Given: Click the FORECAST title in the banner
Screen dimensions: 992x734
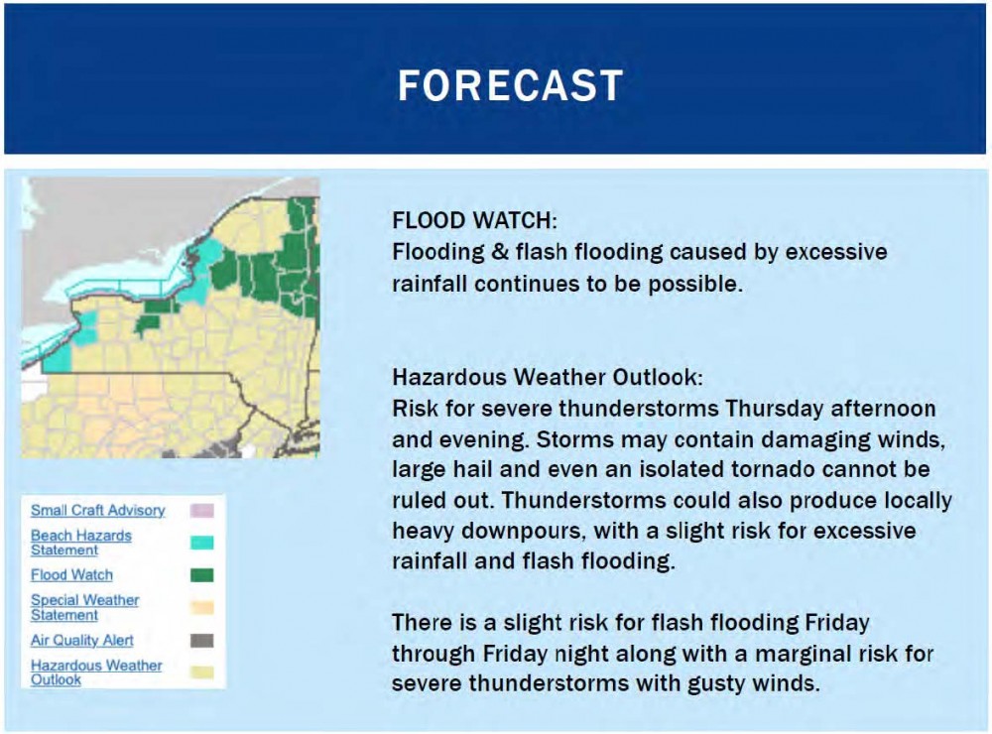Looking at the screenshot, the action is pyautogui.click(x=510, y=85).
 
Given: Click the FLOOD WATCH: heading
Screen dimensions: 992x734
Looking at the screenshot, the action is pyautogui.click(x=474, y=220).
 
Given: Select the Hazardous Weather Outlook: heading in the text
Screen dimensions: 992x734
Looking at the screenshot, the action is pyautogui.click(x=548, y=377).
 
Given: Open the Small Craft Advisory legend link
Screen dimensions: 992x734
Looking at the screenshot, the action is pyautogui.click(x=97, y=510).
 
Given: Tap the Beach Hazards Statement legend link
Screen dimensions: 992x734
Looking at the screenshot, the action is pyautogui.click(x=81, y=543).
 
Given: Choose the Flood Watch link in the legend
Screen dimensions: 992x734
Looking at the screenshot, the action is pyautogui.click(x=71, y=574).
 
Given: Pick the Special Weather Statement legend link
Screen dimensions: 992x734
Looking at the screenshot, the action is pyautogui.click(x=84, y=607).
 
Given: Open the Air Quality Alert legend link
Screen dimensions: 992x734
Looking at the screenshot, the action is pyautogui.click(x=81, y=640).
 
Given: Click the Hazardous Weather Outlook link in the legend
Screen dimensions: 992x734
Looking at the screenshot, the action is pyautogui.click(x=96, y=672).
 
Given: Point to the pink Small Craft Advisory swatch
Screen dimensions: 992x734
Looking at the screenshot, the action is pyautogui.click(x=201, y=511).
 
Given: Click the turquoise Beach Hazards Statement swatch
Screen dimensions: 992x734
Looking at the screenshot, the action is pyautogui.click(x=201, y=543).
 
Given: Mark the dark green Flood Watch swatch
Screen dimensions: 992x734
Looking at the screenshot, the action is pyautogui.click(x=201, y=574).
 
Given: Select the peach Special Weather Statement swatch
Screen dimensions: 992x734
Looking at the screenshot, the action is pyautogui.click(x=201, y=607).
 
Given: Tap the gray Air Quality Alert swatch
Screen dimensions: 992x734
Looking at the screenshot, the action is pyautogui.click(x=201, y=641).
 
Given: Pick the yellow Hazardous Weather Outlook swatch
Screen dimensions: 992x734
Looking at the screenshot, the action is pyautogui.click(x=201, y=672).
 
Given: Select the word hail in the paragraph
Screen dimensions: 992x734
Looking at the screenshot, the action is pyautogui.click(x=471, y=469).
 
